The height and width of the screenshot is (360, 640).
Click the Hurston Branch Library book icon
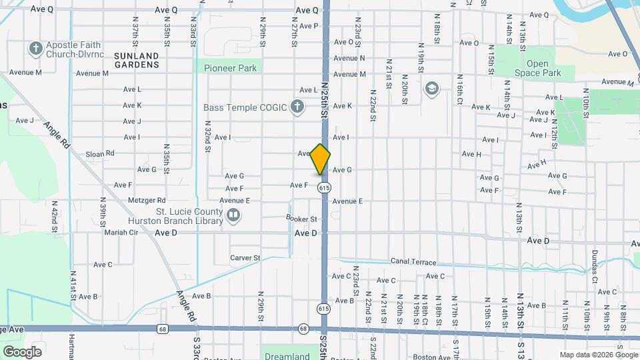click(233, 215)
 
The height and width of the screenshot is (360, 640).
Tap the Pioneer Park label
click(230, 68)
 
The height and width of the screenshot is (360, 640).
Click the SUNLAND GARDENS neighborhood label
click(137, 61)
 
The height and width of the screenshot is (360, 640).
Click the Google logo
click(22, 351)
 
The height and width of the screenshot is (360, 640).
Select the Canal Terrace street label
click(413, 262)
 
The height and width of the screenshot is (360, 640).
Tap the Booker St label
click(301, 218)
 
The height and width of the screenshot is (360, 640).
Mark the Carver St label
click(245, 258)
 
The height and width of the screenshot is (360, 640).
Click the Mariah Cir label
click(120, 233)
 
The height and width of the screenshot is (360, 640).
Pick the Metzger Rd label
click(147, 200)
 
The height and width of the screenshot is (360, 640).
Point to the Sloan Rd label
click(100, 153)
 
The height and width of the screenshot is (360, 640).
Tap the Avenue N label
click(349, 58)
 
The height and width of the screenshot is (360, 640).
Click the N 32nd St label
click(208, 137)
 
